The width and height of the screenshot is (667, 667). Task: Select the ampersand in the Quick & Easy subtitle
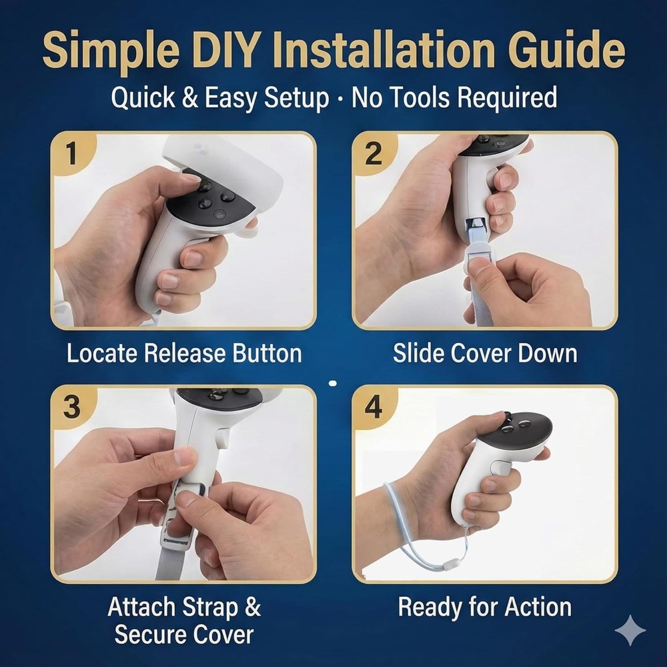(189, 97)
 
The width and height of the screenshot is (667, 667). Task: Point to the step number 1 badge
(72, 153)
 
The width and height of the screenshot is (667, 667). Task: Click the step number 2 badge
(374, 153)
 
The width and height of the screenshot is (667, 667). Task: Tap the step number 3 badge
(72, 407)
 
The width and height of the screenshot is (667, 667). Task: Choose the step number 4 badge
(374, 407)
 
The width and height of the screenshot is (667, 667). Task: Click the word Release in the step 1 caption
(185, 353)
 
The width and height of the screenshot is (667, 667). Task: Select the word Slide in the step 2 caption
(419, 353)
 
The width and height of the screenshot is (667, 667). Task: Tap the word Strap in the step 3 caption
(210, 607)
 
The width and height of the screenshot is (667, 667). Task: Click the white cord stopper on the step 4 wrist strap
(450, 565)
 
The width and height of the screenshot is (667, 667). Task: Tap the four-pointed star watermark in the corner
(630, 630)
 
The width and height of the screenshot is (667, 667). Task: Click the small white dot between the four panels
(333, 384)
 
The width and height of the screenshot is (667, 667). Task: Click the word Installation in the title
(383, 50)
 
